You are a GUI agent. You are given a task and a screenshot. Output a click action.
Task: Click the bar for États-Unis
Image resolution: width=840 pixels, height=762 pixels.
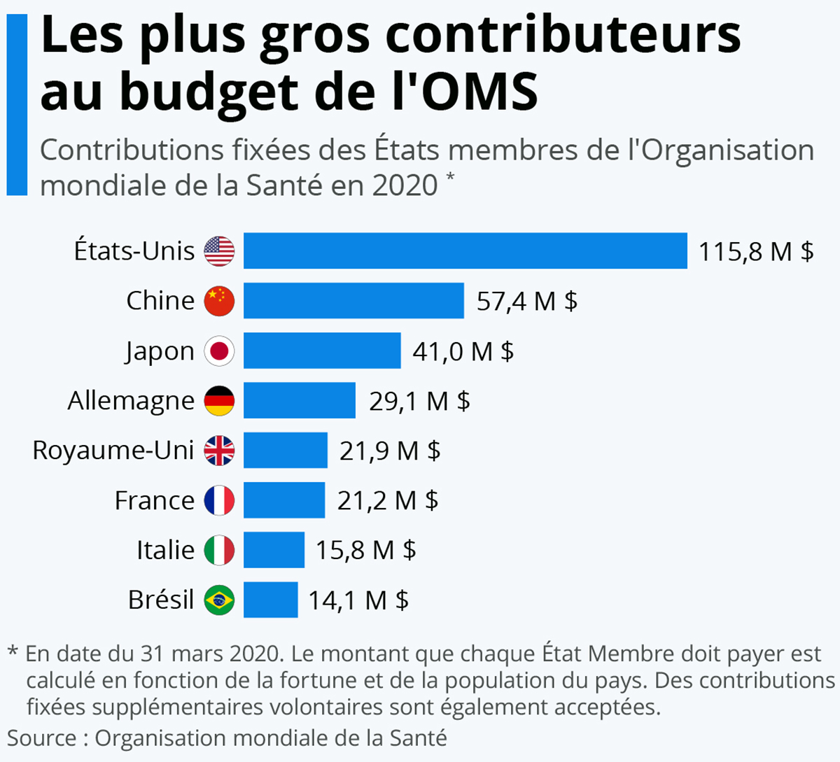pyautogui.click(x=465, y=251)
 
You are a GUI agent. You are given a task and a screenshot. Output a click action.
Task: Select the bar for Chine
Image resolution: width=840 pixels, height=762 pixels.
pyautogui.click(x=353, y=301)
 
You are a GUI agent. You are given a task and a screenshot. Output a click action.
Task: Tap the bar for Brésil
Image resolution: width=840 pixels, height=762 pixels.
pyautogui.click(x=270, y=600)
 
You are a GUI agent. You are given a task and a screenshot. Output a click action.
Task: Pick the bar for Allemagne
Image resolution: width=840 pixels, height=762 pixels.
pyautogui.click(x=299, y=400)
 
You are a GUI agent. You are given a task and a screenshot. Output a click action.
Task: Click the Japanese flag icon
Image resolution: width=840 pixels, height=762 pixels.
pyautogui.click(x=219, y=351)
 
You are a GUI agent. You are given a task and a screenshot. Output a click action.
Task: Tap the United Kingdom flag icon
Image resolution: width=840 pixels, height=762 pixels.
pyautogui.click(x=219, y=451)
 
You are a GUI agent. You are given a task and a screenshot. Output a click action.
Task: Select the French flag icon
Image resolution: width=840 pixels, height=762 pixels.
pyautogui.click(x=219, y=500)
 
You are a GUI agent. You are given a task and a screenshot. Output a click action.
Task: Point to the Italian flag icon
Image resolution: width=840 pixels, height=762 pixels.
pyautogui.click(x=219, y=550)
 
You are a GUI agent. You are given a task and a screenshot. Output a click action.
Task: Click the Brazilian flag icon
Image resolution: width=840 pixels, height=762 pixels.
pyautogui.click(x=219, y=600)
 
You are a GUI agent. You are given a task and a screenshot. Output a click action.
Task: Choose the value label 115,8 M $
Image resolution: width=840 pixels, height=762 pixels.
pyautogui.click(x=756, y=251)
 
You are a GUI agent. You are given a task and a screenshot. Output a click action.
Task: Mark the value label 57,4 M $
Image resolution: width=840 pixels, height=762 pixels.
pyautogui.click(x=526, y=301)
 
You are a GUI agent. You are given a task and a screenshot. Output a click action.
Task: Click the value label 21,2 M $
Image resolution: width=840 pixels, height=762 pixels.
pyautogui.click(x=388, y=500)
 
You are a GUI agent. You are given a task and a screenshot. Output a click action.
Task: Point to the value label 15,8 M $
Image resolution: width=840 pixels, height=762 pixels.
pyautogui.click(x=365, y=550)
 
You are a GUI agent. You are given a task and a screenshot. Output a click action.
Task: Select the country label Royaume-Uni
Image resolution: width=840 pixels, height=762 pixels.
pyautogui.click(x=113, y=451)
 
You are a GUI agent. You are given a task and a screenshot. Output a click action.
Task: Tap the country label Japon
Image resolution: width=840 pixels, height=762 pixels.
pyautogui.click(x=160, y=351)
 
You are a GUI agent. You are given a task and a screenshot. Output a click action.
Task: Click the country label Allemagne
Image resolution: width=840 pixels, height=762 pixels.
pyautogui.click(x=131, y=401)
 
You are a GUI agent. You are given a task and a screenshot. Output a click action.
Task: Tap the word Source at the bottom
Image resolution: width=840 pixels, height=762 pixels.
pyautogui.click(x=42, y=738)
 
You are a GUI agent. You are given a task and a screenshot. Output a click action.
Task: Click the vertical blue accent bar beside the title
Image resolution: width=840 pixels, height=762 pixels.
pyautogui.click(x=17, y=105)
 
